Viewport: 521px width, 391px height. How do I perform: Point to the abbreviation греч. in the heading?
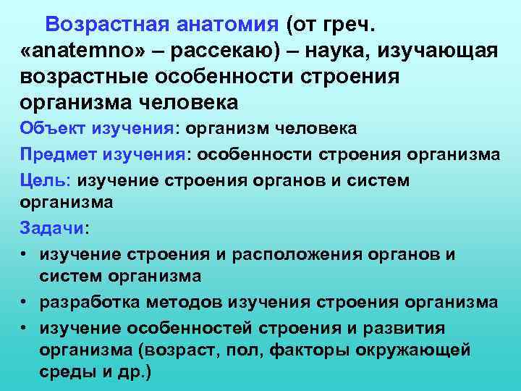pyautogui.click(x=349, y=27)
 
